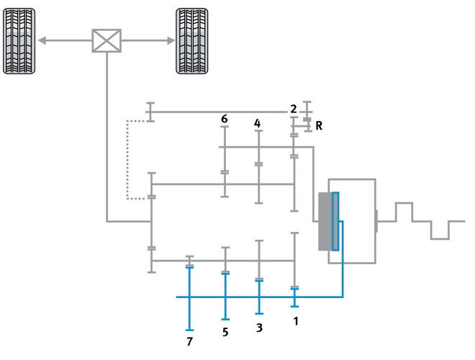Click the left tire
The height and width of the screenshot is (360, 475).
point(19,41)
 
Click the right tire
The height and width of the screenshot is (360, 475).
point(192,41)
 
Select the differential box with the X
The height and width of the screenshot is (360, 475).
point(107,40)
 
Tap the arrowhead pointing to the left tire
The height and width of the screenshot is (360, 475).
point(42,40)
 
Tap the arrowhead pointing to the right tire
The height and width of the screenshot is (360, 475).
point(171,40)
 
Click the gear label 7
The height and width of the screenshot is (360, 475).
point(189,341)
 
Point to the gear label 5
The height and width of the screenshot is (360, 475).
point(225,332)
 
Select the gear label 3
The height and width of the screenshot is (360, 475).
point(259,328)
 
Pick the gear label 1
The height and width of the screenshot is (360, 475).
point(296,321)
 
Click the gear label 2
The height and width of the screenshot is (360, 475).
point(293,109)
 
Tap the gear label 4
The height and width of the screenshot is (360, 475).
point(257,123)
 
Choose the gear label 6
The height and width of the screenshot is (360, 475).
point(224,119)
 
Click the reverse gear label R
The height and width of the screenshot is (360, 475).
point(319,125)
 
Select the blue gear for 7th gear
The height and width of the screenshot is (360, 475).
point(189,299)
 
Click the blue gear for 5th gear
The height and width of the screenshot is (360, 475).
point(225,297)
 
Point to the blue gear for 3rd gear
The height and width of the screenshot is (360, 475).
point(259,297)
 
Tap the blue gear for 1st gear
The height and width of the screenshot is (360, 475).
point(294,297)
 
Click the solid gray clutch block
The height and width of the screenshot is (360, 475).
point(325,222)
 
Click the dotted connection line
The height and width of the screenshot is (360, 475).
point(127,160)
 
